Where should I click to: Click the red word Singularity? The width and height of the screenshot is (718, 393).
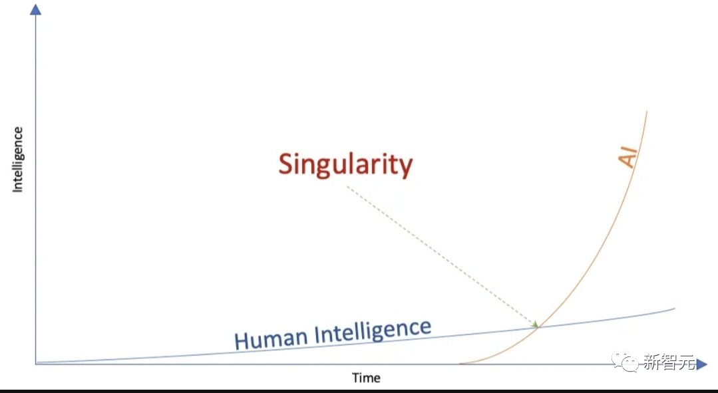[346, 165]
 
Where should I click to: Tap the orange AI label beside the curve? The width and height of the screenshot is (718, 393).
[628, 157]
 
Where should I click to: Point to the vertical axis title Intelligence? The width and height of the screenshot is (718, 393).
[17, 160]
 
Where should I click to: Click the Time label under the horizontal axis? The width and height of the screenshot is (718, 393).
[366, 378]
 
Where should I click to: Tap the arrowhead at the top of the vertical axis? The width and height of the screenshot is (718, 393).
[36, 9]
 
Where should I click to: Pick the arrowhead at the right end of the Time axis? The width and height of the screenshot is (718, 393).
[702, 364]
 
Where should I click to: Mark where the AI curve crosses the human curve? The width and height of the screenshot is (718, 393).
[538, 327]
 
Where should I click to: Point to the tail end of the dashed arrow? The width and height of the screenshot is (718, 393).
[347, 186]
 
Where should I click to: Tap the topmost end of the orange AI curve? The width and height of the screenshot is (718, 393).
[647, 110]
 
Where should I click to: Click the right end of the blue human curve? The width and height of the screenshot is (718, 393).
[675, 309]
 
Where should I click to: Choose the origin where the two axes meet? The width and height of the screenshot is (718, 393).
[36, 364]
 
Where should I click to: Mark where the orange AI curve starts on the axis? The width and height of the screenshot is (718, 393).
[459, 364]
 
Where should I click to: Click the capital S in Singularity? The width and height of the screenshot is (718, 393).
[286, 164]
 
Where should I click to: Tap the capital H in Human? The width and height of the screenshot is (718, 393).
[242, 341]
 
